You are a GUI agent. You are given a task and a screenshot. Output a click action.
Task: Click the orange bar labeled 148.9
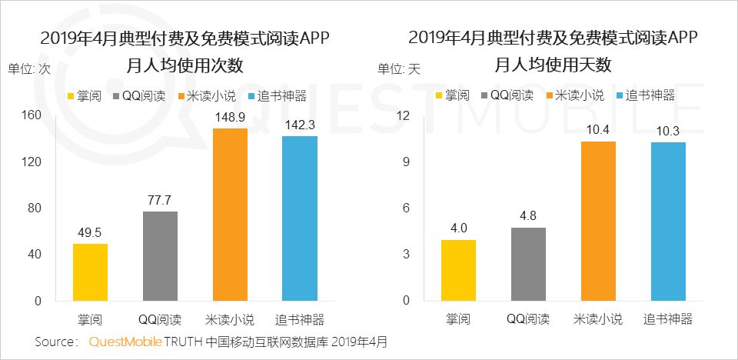click(230, 215)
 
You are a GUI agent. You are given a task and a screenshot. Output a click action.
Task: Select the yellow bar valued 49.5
click(91, 272)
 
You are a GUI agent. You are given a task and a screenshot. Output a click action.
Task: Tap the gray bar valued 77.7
click(160, 256)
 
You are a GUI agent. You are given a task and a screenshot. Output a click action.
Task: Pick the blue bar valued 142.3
click(300, 218)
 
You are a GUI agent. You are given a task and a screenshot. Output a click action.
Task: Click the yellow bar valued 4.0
click(458, 270)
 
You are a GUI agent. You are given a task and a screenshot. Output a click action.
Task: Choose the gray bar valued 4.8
click(527, 264)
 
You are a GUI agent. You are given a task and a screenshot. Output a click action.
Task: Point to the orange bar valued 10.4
click(598, 222)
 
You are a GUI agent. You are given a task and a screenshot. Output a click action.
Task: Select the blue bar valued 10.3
click(667, 222)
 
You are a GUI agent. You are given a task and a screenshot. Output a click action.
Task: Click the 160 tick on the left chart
click(32, 115)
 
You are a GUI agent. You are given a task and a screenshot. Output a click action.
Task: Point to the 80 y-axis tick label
click(35, 208)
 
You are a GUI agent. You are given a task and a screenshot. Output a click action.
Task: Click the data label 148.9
click(230, 117)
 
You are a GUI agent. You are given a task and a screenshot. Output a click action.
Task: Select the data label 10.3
click(667, 131)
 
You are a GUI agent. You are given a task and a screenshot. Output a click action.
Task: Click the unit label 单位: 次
click(29, 68)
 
